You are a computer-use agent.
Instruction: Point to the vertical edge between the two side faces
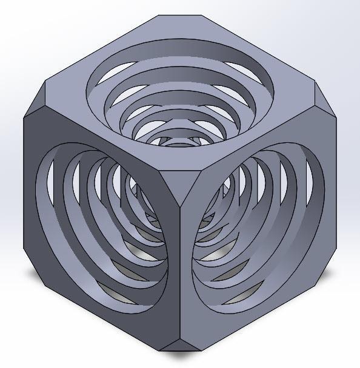pyautogui.click(x=181, y=266)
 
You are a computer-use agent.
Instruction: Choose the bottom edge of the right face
pyautogui.click(x=261, y=312)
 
